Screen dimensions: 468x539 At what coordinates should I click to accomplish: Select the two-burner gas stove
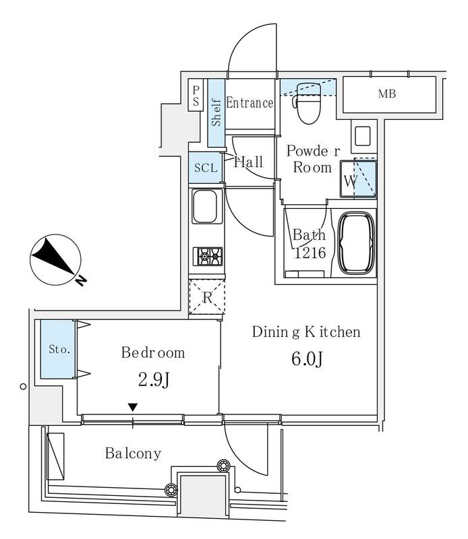[208, 256]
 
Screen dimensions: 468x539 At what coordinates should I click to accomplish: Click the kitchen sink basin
[205, 206]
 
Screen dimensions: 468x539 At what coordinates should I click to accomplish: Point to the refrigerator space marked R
[207, 297]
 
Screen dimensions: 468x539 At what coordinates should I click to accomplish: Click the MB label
[387, 94]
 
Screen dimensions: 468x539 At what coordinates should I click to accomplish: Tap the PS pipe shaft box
[196, 95]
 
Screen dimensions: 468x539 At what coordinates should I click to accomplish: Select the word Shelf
[216, 113]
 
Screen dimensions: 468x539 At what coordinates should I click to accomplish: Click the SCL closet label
[206, 168]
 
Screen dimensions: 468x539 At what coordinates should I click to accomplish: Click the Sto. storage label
[59, 349]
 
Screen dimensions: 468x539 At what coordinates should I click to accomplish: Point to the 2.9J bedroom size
[154, 380]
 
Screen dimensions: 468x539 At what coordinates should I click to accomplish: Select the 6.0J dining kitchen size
[307, 360]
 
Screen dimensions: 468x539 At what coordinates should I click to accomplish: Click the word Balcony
[133, 453]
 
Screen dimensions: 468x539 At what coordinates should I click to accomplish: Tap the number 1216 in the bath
[310, 253]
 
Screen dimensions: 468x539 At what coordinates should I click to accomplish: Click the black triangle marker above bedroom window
[133, 408]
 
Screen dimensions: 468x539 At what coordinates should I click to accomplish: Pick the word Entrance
[250, 103]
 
